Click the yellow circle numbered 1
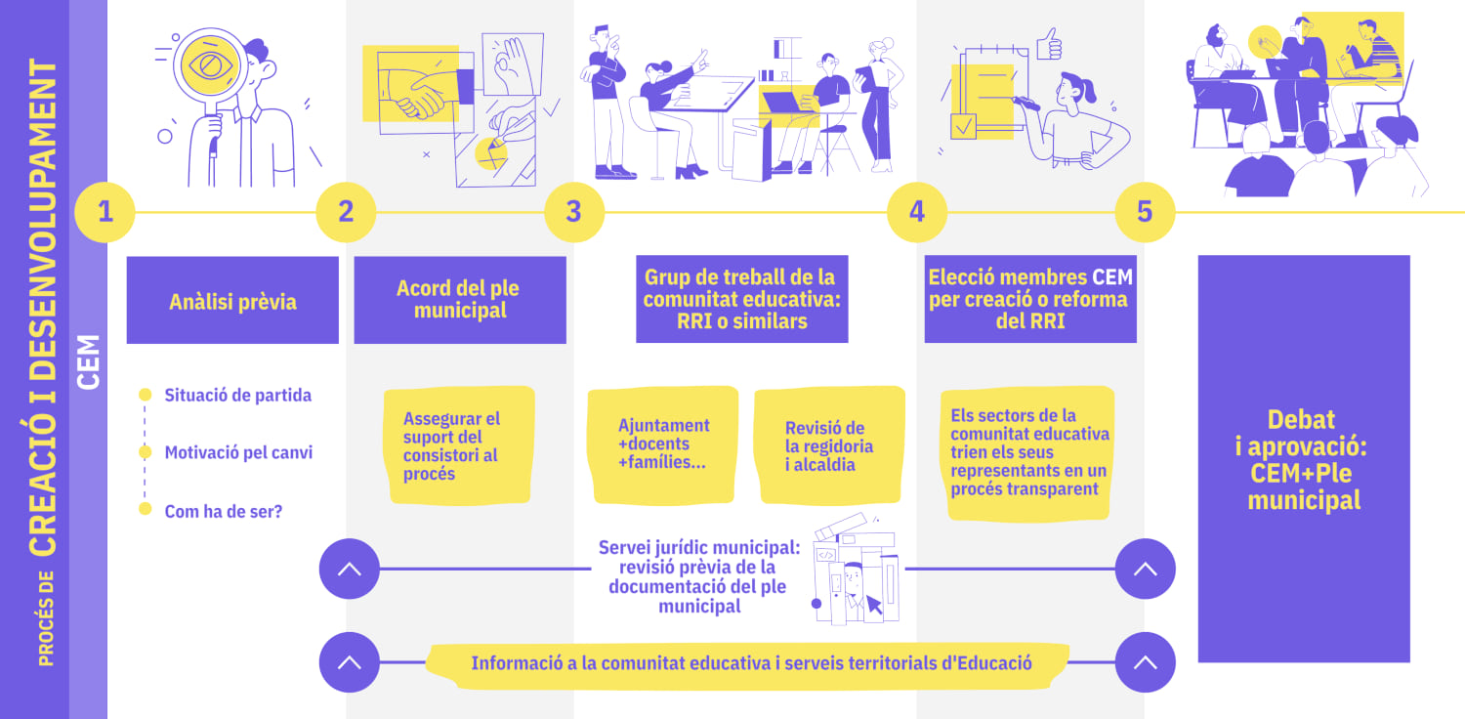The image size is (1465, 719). point(105,212)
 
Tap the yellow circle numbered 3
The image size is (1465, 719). point(573,212)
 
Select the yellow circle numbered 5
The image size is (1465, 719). point(1145,212)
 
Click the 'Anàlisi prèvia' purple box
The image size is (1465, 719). point(232,300)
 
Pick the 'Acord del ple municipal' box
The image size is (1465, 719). point(460,300)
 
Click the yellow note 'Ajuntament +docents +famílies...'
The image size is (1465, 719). point(663,444)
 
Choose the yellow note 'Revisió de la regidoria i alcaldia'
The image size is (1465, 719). point(829,444)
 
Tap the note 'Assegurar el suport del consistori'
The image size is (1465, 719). point(459,445)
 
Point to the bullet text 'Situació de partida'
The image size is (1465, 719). point(238,395)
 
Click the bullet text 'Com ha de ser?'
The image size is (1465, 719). point(223,511)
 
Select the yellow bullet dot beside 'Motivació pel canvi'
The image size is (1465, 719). point(146,452)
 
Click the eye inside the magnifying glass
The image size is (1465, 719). point(211,65)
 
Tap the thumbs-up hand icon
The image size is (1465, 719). point(1049,45)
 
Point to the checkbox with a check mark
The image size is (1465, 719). point(963,127)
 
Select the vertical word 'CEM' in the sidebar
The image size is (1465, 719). point(88,361)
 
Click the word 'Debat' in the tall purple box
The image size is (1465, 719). point(1301,419)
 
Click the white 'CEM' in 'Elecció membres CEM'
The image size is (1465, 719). point(1111,277)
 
